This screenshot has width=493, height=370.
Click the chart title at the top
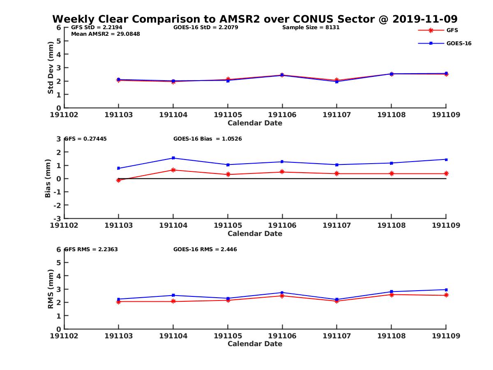pyautogui.click(x=255, y=19)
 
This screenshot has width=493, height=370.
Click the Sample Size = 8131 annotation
pyautogui.click(x=311, y=28)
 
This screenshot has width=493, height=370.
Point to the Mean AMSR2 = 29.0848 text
pyautogui.click(x=106, y=34)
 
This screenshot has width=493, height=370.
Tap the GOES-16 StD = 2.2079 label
pyautogui.click(x=206, y=28)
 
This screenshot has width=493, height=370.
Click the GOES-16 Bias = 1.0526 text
pyautogui.click(x=207, y=139)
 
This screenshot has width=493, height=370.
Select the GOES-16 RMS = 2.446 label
pyautogui.click(x=205, y=250)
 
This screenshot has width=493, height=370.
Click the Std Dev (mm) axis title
pyautogui.click(x=51, y=68)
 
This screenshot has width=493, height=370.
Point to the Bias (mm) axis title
pyautogui.click(x=48, y=178)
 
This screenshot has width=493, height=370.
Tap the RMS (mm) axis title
pyautogui.click(x=51, y=289)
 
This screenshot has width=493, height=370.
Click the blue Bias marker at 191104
pyautogui.click(x=173, y=158)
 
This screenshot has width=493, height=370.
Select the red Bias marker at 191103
pyautogui.click(x=118, y=180)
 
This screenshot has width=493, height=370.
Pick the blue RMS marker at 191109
pyautogui.click(x=446, y=290)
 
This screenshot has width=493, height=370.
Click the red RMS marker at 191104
pyautogui.click(x=173, y=301)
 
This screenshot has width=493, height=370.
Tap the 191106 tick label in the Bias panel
pyautogui.click(x=282, y=225)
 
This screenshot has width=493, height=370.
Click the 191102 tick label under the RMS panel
pyautogui.click(x=64, y=336)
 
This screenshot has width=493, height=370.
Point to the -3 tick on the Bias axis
pyautogui.click(x=58, y=218)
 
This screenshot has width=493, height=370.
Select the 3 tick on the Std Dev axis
pyautogui.click(x=59, y=67)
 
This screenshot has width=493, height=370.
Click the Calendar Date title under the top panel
pyautogui.click(x=255, y=123)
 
